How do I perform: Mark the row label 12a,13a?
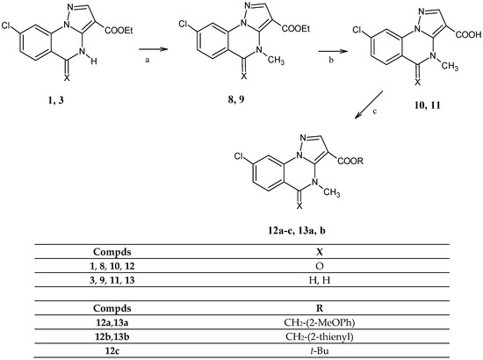point(120,322)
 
